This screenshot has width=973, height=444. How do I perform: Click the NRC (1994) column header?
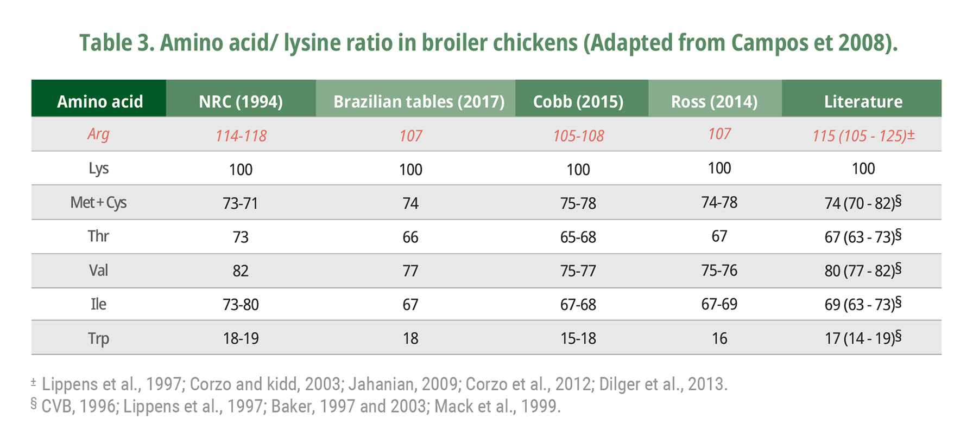click(x=241, y=101)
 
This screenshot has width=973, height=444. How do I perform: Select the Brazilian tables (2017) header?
click(x=419, y=101)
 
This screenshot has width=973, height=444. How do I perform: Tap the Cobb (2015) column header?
click(x=578, y=101)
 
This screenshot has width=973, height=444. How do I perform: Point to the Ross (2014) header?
click(x=714, y=101)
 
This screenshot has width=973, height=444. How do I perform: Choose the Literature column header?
click(x=863, y=101)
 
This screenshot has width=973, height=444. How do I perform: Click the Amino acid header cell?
click(x=100, y=101)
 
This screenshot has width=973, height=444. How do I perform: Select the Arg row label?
click(x=98, y=134)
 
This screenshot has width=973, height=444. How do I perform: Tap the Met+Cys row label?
click(x=98, y=203)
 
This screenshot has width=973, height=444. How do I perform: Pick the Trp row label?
click(x=98, y=338)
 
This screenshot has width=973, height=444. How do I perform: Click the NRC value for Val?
click(x=241, y=271)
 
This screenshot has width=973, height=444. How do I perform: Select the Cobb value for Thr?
click(x=578, y=237)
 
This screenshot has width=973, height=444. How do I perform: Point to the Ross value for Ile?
click(x=719, y=304)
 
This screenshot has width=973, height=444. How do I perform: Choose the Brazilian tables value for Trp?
click(x=410, y=338)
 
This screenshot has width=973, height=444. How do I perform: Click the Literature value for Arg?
click(x=863, y=136)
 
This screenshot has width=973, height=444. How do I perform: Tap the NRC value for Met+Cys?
click(x=241, y=203)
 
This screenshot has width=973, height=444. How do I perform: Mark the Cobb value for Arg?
click(x=578, y=136)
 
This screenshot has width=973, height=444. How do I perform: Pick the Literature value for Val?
click(x=863, y=270)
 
